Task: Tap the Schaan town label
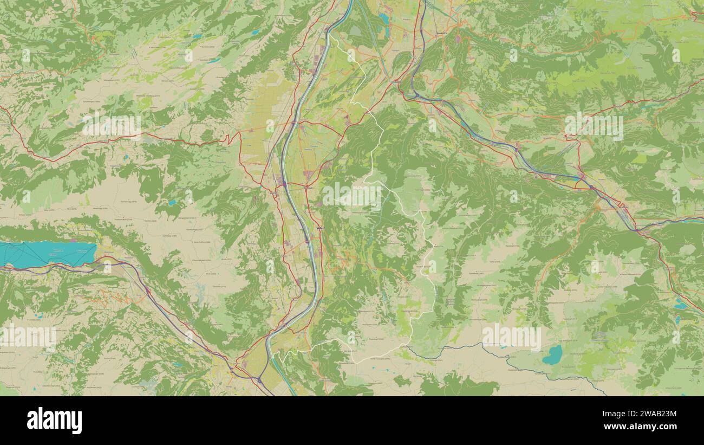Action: click(x=309, y=188)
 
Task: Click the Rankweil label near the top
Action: click(x=442, y=33)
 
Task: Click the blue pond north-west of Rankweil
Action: click(x=383, y=18)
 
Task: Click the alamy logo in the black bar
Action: click(x=54, y=420)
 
